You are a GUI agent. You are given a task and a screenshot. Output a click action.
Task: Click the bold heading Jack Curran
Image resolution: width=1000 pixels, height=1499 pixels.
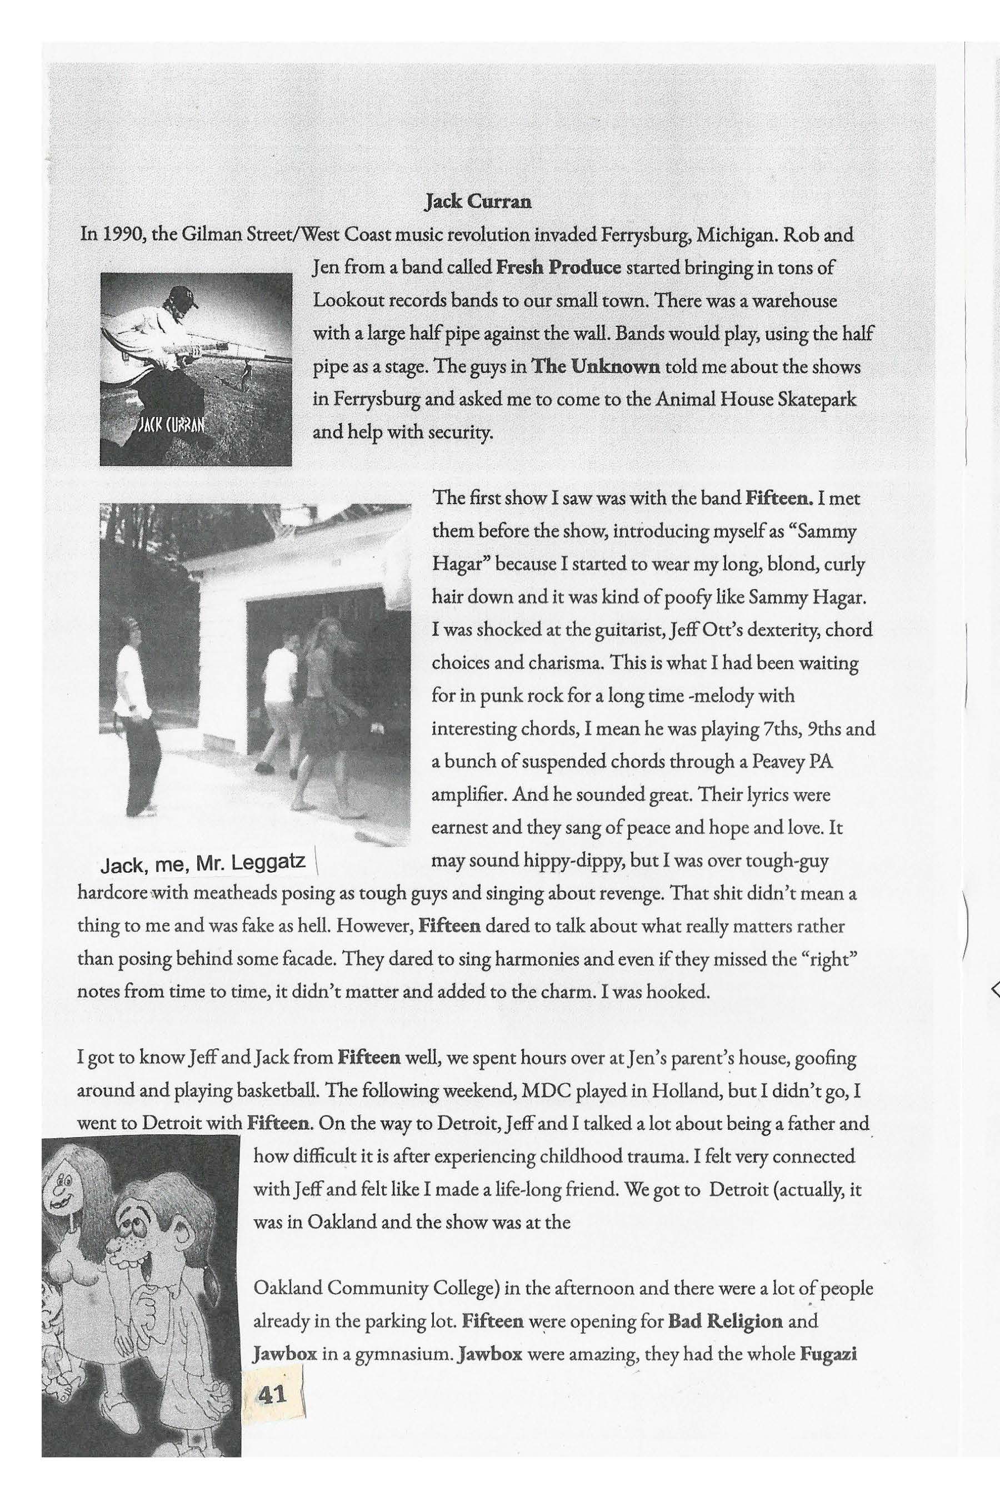(x=478, y=202)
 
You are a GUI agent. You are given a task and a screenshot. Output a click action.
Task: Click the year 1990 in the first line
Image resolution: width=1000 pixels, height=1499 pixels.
(x=125, y=235)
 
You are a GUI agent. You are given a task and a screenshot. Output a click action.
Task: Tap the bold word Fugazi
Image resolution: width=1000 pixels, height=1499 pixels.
(x=827, y=1353)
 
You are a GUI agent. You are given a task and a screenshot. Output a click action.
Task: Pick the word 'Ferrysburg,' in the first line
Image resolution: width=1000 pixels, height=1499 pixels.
(x=646, y=235)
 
